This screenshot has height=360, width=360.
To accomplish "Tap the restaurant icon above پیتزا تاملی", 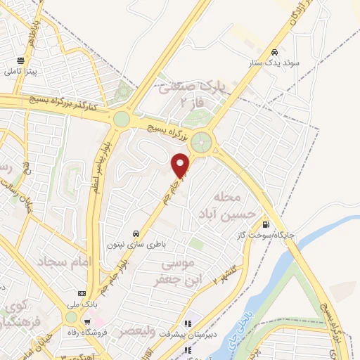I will (21, 60).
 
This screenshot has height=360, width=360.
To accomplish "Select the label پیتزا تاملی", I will (21, 72).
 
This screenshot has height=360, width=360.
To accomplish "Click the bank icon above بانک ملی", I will (82, 293).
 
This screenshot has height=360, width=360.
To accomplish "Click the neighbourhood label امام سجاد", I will (70, 262).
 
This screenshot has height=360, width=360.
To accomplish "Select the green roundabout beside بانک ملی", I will (71, 318).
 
